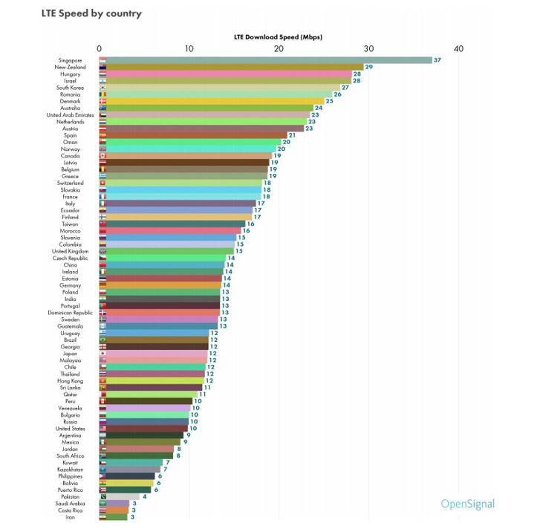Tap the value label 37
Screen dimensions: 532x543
point(438,60)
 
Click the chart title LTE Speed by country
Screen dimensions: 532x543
point(91,13)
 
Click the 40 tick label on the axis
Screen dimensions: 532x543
point(458,49)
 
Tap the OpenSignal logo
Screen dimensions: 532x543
point(467,505)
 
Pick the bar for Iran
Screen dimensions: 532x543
point(113,517)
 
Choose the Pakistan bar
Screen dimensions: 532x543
point(119,496)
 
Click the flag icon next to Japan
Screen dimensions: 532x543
point(103,354)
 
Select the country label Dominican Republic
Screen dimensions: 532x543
point(69,313)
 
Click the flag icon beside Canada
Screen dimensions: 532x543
point(103,156)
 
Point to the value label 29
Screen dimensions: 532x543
point(368,67)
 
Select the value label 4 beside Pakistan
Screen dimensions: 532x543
point(144,496)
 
